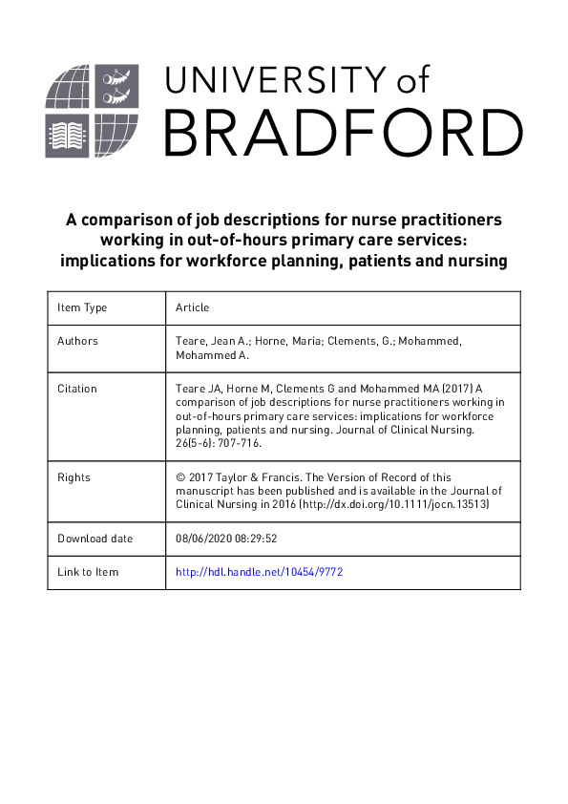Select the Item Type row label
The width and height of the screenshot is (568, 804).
point(82,307)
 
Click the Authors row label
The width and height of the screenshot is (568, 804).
point(77,340)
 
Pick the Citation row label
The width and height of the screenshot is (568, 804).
point(77,389)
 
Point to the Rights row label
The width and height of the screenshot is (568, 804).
point(74,476)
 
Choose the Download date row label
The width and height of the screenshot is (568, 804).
point(95,539)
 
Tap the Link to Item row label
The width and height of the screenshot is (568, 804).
point(88,571)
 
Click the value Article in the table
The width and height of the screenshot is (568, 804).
point(192,307)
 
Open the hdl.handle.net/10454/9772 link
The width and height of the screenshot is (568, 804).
point(259,571)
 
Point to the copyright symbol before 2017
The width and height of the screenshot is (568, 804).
point(181,476)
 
